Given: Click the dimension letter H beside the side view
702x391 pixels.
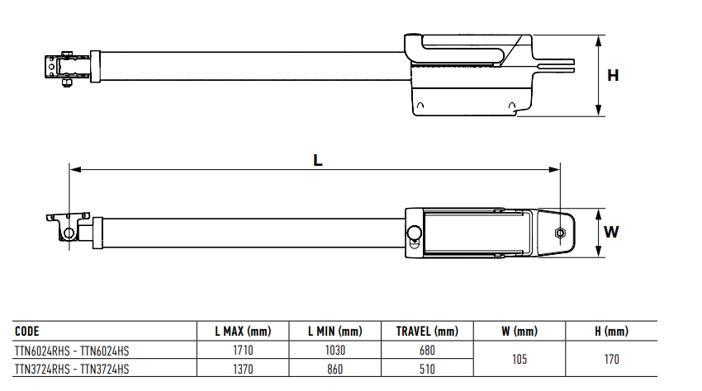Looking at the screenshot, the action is click(x=613, y=76).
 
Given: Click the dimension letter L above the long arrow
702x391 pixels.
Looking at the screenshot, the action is click(x=317, y=160).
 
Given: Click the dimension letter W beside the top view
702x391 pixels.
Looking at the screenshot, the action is click(x=611, y=232).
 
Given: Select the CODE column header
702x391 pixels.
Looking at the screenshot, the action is click(x=27, y=331).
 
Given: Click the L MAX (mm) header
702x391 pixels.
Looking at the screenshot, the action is click(x=243, y=331).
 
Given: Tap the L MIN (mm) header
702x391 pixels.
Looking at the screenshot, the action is click(x=334, y=331).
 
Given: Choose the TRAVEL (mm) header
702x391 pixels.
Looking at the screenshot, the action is click(x=427, y=331).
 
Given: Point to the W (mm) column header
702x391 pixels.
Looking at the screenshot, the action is click(x=519, y=331).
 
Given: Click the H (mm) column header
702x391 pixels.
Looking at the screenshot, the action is click(x=611, y=331).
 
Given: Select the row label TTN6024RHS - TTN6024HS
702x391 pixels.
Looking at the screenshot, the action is click(x=72, y=351).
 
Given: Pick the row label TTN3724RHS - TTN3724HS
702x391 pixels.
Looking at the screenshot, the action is click(x=72, y=369).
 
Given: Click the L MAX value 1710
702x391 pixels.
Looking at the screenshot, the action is click(x=243, y=351).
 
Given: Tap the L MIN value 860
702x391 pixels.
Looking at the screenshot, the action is click(x=334, y=369).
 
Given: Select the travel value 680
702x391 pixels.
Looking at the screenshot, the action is click(x=427, y=351).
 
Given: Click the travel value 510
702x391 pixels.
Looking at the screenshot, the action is click(x=427, y=369).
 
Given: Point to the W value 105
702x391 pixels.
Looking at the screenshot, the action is click(x=519, y=359).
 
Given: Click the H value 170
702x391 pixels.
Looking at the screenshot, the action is click(x=611, y=359).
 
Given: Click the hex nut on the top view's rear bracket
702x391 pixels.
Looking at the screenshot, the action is click(x=560, y=233).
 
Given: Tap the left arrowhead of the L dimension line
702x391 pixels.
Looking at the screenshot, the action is click(x=75, y=170).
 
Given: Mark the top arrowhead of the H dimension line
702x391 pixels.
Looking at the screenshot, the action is click(x=599, y=40).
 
